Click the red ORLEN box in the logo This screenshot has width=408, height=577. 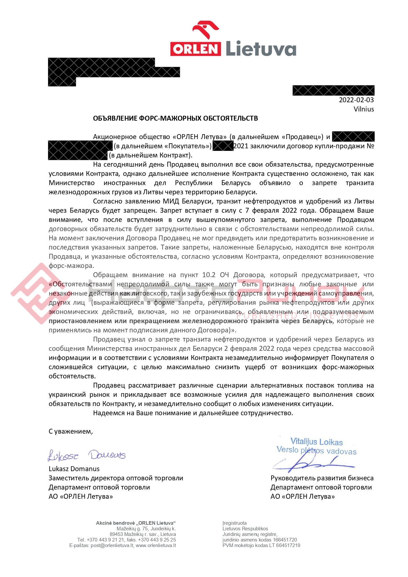[195, 49]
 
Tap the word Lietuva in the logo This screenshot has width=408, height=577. [261, 49]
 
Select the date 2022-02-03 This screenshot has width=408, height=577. [356, 100]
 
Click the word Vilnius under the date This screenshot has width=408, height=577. [364, 109]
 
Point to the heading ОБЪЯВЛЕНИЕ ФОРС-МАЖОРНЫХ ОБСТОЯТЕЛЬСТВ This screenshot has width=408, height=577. [175, 118]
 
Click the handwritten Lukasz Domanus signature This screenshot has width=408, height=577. [87, 455]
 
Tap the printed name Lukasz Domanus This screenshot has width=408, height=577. [74, 469]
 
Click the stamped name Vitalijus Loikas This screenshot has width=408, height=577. [316, 442]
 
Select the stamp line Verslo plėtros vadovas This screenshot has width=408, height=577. [316, 451]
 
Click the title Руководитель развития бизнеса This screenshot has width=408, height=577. [322, 478]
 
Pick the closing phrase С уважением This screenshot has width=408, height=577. [71, 431]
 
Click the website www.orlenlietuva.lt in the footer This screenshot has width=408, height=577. [156, 545]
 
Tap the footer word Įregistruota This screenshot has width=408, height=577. [234, 523]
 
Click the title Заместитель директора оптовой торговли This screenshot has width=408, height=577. [116, 478]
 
